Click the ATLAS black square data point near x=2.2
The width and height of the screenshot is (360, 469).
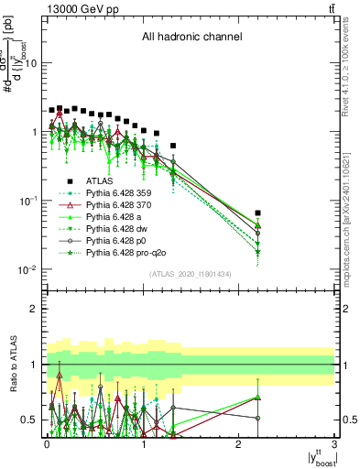pyautogui.click(x=258, y=213)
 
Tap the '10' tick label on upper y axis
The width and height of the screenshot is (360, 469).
pyautogui.click(x=30, y=63)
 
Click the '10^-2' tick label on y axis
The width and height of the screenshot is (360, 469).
pyautogui.click(x=27, y=269)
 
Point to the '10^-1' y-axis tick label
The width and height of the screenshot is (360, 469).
pyautogui.click(x=27, y=201)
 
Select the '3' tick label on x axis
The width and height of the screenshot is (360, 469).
pyautogui.click(x=334, y=443)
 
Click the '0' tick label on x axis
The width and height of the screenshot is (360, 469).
pyautogui.click(x=46, y=443)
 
